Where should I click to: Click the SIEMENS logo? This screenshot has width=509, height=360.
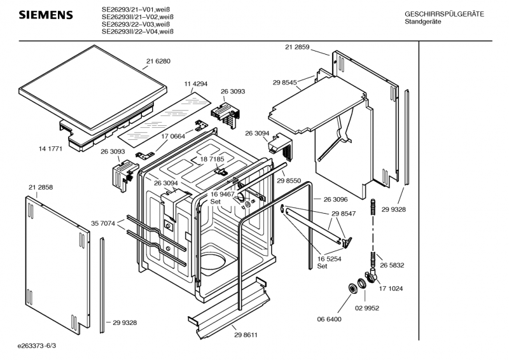click(46, 15)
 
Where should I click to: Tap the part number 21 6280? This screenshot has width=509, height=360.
click(158, 61)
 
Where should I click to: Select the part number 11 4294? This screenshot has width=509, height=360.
click(196, 84)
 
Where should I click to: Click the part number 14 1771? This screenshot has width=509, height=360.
click(51, 149)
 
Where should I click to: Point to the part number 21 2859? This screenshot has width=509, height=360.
click(297, 47)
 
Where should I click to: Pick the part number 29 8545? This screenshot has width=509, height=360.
click(284, 83)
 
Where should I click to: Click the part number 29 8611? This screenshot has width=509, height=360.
click(246, 335)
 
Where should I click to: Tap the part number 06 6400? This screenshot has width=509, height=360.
click(329, 319)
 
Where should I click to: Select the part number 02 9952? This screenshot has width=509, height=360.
click(367, 308)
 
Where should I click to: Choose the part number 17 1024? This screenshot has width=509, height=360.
click(391, 289)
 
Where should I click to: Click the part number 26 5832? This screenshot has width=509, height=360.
click(392, 265)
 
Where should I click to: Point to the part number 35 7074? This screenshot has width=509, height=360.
click(103, 223)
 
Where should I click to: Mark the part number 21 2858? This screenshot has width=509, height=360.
click(41, 187)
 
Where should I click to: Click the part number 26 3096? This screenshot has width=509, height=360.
click(336, 199)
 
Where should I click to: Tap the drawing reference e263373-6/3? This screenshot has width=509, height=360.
click(37, 346)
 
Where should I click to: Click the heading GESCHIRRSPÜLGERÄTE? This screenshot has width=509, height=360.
click(444, 14)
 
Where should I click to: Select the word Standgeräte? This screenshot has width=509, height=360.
click(423, 22)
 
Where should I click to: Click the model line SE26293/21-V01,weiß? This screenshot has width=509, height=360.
click(136, 10)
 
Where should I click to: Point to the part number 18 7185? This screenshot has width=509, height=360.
click(213, 159)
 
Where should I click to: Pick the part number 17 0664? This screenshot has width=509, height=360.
click(173, 136)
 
